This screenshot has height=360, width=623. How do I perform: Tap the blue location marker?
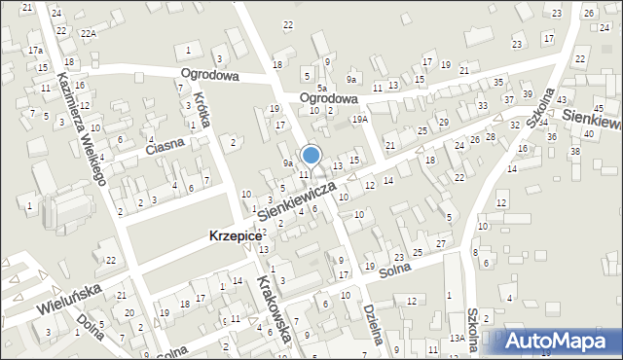(311, 155)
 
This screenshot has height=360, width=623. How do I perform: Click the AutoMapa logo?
(558, 341)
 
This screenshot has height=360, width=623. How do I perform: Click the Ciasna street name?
(165, 147)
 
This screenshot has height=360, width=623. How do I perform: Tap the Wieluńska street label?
(72, 297)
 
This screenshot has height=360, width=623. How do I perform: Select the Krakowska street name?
(274, 307)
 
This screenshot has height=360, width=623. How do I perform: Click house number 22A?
(89, 33)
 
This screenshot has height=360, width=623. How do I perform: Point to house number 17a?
(35, 50)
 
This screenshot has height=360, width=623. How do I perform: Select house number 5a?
(321, 89)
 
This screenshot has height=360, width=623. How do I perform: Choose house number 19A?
(360, 119)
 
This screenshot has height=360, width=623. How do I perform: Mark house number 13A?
(457, 338)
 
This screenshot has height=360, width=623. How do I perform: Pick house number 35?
(497, 83)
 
